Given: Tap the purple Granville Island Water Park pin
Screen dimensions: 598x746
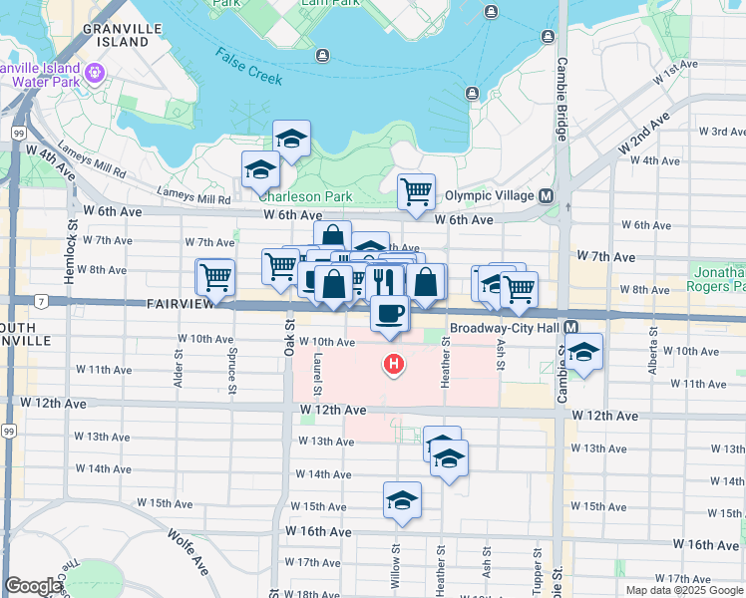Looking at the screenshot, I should point(96,72).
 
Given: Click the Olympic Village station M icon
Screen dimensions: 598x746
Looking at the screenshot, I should point(547,195).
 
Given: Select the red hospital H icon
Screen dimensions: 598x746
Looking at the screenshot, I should point(394,366).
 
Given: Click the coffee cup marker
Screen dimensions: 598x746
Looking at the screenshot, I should point(389,313).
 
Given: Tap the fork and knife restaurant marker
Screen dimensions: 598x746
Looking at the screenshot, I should point(383,281).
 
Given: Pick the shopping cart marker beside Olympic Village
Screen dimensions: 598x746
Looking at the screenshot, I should point(416,189).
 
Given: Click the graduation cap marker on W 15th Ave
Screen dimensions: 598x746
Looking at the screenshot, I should point(402,499).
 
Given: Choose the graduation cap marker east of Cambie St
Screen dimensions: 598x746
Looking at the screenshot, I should point(584,351).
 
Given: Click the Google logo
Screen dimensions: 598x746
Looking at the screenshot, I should point(34,587).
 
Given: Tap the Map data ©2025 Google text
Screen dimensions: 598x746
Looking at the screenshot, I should point(684,590).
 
